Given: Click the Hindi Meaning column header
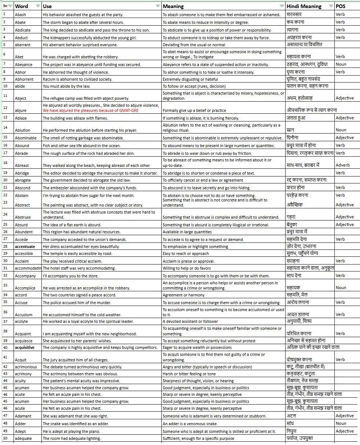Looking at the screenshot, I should click(x=304, y=6).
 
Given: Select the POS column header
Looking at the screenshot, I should click(x=341, y=6).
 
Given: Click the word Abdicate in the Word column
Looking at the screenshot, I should click(x=23, y=30).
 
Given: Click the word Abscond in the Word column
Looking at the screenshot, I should click(x=23, y=187).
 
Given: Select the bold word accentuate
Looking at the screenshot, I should click(x=25, y=247).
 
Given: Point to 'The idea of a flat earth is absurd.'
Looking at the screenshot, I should click(x=72, y=225).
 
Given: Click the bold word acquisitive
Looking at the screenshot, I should click(x=25, y=347).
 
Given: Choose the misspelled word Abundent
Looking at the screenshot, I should click(x=24, y=232).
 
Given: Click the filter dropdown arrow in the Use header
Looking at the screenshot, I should click(x=158, y=6).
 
